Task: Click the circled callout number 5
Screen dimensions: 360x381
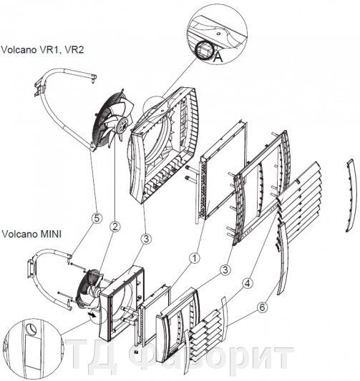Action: pos(97,219)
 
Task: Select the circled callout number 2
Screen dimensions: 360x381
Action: pos(115,227)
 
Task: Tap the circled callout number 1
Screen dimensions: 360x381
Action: pos(195,258)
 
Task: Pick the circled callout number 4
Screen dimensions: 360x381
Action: pos(248,283)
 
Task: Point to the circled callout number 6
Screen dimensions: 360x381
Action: pos(262,307)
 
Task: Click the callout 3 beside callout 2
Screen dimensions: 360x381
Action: pos(146,239)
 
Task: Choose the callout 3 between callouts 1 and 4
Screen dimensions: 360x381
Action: pos(225,270)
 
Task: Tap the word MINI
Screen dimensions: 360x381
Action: pos(51,234)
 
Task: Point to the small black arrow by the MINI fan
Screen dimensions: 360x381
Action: pos(92,315)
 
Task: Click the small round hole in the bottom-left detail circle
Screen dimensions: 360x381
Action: pos(31,329)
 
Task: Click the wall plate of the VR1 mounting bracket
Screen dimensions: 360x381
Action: pos(39,87)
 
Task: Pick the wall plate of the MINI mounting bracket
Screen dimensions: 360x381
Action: pos(31,269)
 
